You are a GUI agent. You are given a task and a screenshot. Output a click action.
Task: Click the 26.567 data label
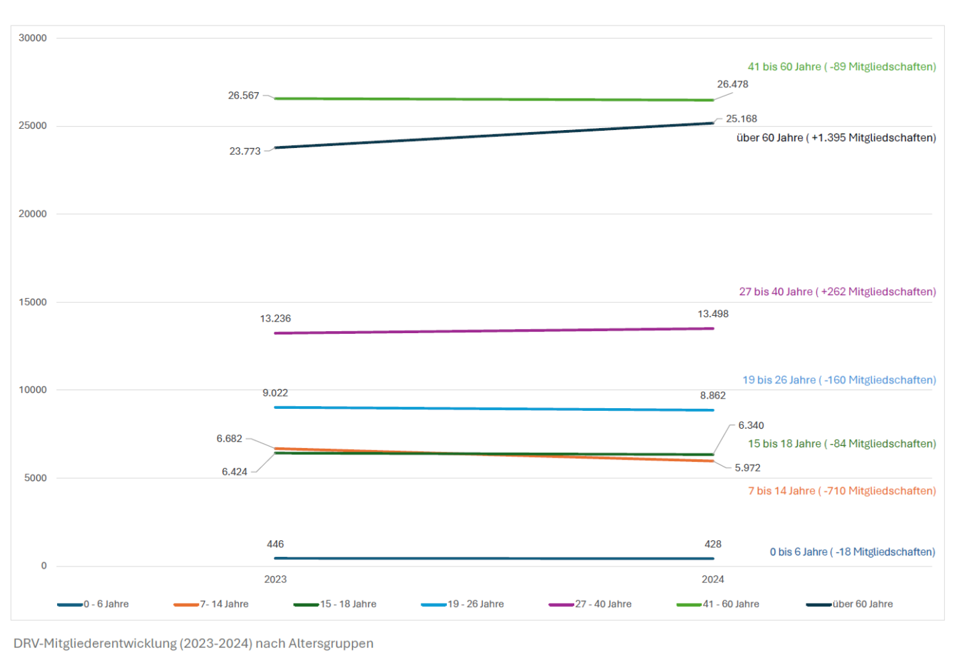coord(244,96)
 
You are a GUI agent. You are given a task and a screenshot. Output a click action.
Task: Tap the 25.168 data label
coord(741,119)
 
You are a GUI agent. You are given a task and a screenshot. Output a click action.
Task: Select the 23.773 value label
coord(245,151)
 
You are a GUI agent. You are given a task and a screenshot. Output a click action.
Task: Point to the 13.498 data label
coord(713,314)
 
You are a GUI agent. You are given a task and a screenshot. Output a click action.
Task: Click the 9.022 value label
coord(275,393)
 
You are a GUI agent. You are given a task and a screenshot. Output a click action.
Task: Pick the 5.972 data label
coord(747,468)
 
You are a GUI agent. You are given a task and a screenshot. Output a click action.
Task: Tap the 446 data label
coord(275,544)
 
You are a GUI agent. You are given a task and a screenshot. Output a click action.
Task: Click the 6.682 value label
coord(229,438)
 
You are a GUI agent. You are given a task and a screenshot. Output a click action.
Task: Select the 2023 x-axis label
coord(275,580)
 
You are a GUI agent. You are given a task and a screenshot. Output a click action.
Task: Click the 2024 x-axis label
coord(713,580)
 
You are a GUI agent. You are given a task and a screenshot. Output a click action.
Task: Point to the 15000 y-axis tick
coord(33,302)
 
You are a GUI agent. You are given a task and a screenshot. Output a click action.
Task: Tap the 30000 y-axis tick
coord(33,38)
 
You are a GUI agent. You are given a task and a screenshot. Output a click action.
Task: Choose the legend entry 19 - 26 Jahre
coord(476,604)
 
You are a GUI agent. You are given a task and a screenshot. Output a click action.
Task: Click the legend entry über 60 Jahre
coord(862,604)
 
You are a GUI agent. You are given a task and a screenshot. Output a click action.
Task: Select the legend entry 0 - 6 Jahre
coord(106,604)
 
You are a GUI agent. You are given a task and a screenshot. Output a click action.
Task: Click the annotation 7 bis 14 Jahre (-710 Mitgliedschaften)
coord(841,491)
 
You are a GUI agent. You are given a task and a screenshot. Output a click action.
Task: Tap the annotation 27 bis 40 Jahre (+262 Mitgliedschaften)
coord(837,292)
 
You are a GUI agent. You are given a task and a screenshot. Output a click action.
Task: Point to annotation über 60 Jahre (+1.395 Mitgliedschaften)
coord(836,138)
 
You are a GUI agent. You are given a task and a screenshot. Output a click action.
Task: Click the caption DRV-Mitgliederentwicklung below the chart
coord(193,644)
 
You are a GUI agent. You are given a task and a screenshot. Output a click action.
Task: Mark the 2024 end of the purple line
coord(713,328)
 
